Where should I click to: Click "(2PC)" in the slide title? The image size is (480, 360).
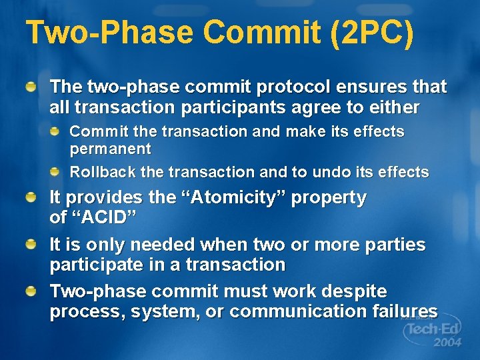pos(371,33)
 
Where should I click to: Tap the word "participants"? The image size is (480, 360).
pos(217,107)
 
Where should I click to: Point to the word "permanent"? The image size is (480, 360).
pos(111,149)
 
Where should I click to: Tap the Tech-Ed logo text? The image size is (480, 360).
pos(433,329)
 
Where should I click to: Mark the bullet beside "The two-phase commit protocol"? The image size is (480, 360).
pos(32,87)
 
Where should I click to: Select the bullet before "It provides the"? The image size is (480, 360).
pos(32,198)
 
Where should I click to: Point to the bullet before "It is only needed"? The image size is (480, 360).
pos(32,245)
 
